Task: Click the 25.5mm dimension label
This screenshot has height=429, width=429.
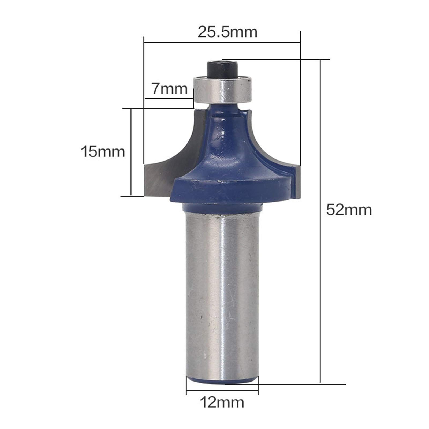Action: (x=227, y=32)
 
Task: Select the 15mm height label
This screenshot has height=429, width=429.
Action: (x=103, y=152)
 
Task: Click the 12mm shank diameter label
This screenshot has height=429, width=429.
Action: (x=222, y=410)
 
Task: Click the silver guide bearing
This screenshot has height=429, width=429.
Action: (x=222, y=89)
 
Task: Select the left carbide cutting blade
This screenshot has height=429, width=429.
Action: (x=161, y=171)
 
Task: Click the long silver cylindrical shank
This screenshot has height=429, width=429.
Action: (x=222, y=295)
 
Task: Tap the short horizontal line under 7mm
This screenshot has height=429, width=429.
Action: (x=169, y=99)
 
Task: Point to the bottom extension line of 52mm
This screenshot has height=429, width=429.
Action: (x=295, y=384)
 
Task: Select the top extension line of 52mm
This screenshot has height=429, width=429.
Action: (x=276, y=59)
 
